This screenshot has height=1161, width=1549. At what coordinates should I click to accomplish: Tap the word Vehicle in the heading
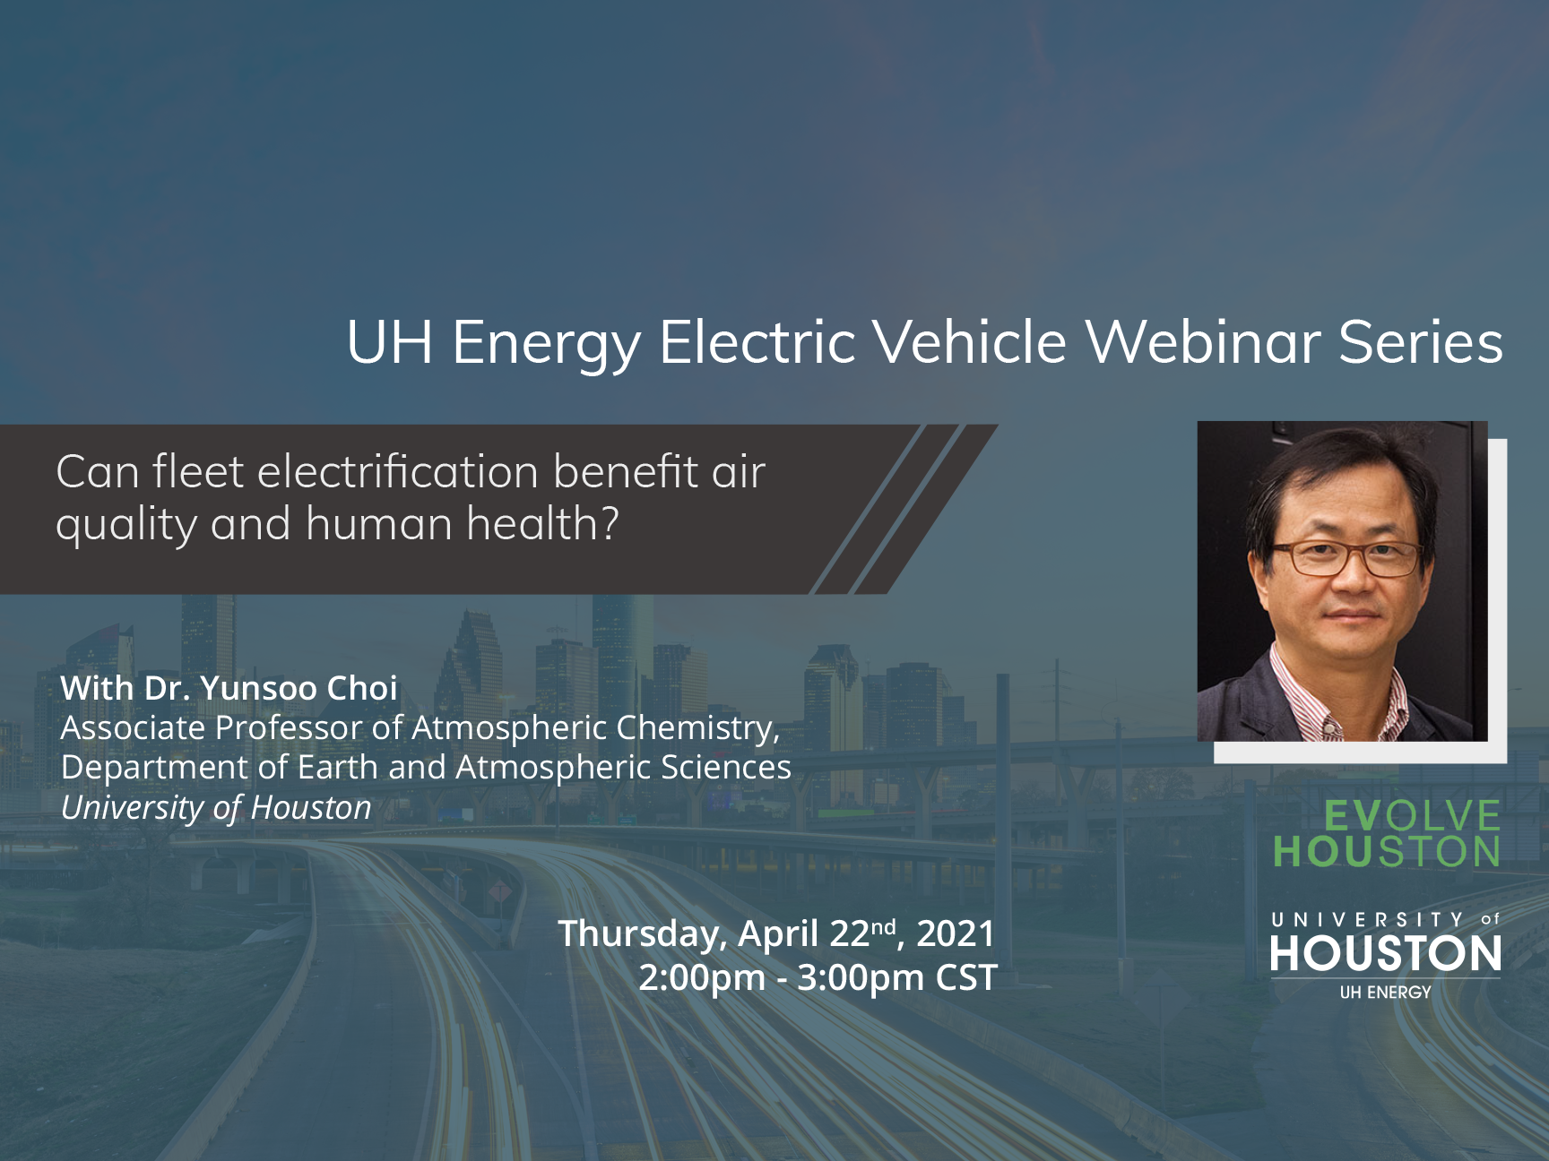[970, 342]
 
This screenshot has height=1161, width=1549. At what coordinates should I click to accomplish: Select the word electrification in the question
[398, 472]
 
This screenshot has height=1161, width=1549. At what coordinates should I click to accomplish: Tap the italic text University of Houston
[216, 808]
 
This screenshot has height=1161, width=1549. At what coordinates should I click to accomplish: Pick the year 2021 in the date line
[956, 933]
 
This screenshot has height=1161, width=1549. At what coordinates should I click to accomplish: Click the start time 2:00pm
[702, 977]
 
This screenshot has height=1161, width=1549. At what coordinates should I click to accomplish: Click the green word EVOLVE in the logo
[1412, 815]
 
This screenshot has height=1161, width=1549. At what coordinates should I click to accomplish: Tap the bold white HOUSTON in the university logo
[1386, 953]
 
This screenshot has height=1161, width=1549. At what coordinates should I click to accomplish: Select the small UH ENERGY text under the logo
[1386, 993]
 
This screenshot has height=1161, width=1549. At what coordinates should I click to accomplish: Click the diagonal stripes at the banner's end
[904, 509]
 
